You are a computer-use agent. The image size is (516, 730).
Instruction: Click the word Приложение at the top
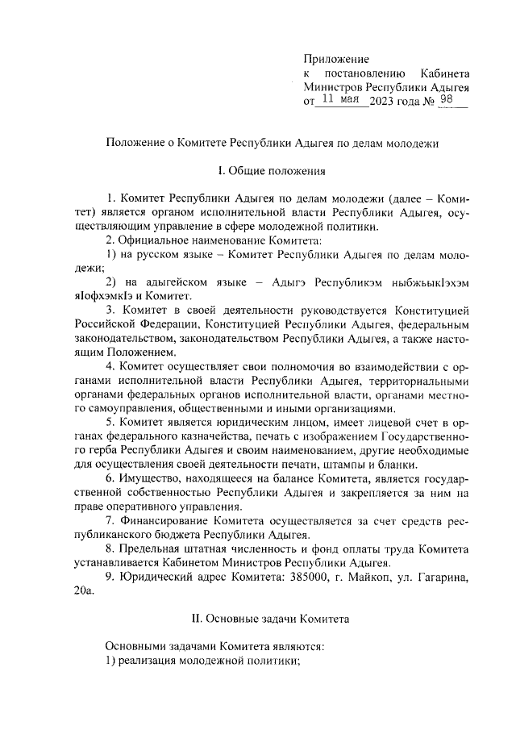coord(336,59)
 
